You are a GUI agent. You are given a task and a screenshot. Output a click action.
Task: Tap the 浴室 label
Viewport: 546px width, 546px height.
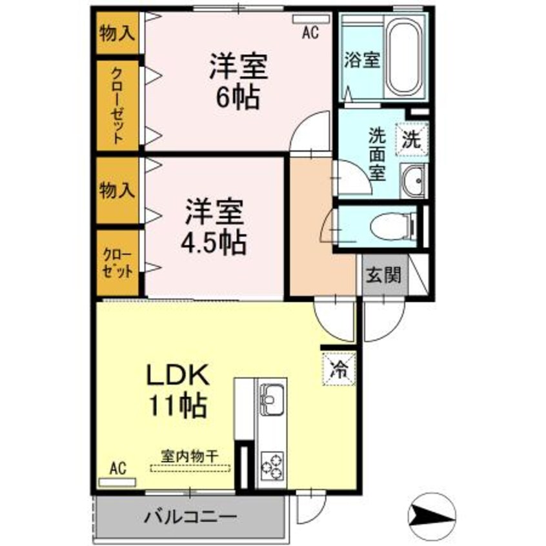(361, 61)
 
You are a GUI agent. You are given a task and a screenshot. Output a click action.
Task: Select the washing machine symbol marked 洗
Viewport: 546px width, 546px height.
(412, 138)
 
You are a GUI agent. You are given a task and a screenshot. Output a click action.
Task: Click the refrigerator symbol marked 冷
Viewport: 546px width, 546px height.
(338, 369)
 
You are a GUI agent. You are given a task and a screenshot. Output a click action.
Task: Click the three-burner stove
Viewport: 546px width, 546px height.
(272, 464)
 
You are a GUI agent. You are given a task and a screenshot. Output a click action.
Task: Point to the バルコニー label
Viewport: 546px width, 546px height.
(189, 516)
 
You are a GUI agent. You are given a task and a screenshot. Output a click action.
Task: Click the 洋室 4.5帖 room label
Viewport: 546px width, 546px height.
(215, 227)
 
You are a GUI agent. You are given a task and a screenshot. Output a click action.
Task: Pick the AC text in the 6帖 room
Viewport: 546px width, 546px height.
(310, 34)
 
